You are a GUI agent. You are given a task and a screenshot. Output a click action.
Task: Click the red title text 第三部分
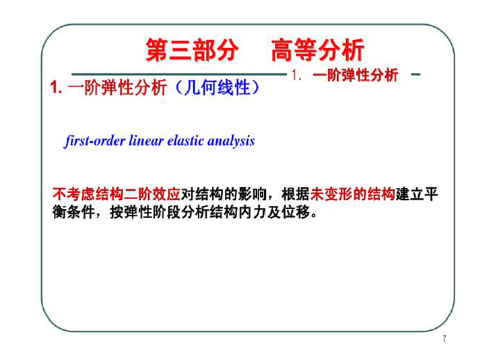coord(192,50)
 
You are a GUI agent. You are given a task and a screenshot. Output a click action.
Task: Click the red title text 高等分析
coord(318,50)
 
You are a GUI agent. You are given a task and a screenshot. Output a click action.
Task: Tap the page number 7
coord(444,338)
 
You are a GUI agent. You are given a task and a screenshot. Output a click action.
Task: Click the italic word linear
coord(146,141)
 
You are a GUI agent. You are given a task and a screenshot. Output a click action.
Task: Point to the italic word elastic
coord(185,141)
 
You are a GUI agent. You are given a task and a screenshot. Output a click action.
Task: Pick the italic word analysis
coord(231,142)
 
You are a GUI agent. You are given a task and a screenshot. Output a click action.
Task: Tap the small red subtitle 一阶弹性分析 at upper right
coord(356,75)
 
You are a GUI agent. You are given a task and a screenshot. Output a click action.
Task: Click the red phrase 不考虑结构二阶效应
coord(116,194)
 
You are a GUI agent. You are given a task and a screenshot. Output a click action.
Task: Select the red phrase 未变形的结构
coord(353,194)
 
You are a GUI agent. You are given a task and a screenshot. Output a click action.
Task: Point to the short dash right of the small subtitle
coord(415,74)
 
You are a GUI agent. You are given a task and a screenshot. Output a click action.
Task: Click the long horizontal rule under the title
coord(179,74)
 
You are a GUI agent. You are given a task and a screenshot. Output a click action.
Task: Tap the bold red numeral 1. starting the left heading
coord(56,88)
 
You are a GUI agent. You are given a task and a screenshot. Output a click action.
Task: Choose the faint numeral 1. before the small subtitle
coord(296,75)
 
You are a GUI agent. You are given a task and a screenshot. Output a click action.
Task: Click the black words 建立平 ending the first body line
coord(417,194)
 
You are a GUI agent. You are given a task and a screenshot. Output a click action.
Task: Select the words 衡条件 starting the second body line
coord(73,212)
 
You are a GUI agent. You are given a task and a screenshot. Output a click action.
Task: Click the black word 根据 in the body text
coord(296,194)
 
